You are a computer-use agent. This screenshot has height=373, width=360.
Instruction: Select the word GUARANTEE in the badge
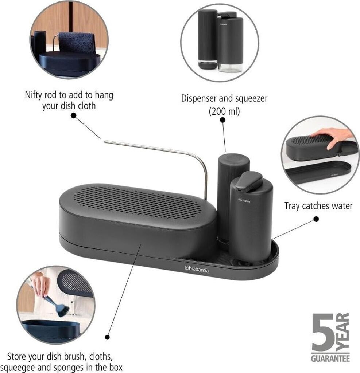coord(330,358)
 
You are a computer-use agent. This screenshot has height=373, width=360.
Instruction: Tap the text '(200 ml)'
coord(224,111)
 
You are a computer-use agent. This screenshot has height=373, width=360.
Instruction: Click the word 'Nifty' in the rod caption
coord(34,95)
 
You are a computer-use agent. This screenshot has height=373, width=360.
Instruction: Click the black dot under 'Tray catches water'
coord(316,219)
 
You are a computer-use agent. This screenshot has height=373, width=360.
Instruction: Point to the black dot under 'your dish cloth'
coord(74,115)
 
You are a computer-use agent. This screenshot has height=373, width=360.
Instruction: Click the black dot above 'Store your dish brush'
coord(108,337)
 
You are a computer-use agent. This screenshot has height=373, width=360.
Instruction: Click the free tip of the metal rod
coord(105,142)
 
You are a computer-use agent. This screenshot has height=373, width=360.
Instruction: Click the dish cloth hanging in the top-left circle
coord(76,43)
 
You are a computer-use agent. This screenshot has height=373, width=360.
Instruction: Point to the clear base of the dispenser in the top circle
coord(231,67)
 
